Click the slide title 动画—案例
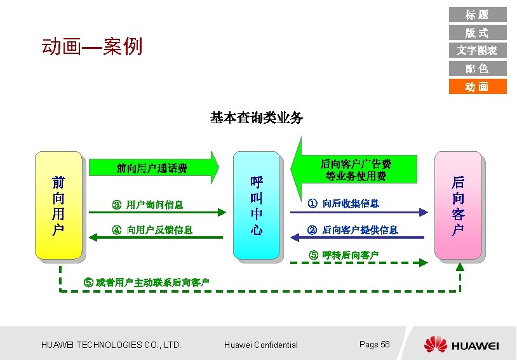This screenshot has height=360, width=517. [91, 46]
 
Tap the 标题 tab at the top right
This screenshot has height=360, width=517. [477, 15]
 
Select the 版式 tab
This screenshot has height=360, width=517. [477, 32]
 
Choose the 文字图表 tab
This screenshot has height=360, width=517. [477, 50]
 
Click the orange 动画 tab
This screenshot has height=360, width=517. [477, 86]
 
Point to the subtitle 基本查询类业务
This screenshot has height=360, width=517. [257, 117]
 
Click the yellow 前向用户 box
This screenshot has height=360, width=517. [58, 205]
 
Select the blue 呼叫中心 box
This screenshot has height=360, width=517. [257, 205]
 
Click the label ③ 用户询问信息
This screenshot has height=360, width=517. [147, 204]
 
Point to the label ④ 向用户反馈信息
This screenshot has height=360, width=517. [152, 229]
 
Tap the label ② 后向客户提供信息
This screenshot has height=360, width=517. [352, 229]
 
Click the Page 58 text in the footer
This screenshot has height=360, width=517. [374, 344]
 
